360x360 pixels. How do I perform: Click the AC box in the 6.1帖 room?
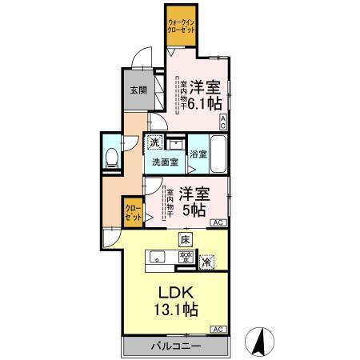click(223, 122)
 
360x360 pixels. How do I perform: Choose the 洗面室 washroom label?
click(166, 162)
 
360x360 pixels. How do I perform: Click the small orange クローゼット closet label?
click(133, 213)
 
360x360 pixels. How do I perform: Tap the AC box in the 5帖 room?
click(218, 222)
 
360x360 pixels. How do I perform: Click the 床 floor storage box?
click(184, 239)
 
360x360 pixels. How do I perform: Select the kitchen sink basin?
click(158, 257)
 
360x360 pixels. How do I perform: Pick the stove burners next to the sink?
click(185, 257)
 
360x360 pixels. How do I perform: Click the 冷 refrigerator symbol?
click(206, 261)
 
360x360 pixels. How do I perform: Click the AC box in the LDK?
click(218, 329)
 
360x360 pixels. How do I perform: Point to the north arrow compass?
click(260, 342)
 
